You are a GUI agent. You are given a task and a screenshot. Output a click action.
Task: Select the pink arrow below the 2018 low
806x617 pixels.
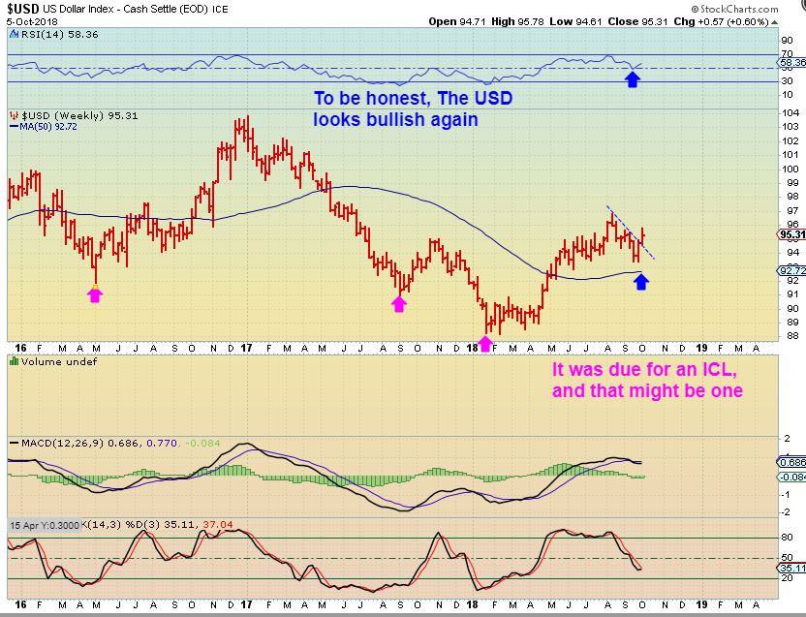coord(485,343)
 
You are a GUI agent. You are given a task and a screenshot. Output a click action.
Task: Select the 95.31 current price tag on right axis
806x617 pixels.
coord(790,233)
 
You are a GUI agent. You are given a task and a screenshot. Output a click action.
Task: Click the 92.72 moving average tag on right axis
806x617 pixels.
coord(790,270)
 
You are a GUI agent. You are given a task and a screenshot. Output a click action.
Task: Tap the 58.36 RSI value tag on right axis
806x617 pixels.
coord(790,61)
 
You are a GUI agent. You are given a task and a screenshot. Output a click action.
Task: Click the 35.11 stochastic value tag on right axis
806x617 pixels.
coord(790,568)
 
